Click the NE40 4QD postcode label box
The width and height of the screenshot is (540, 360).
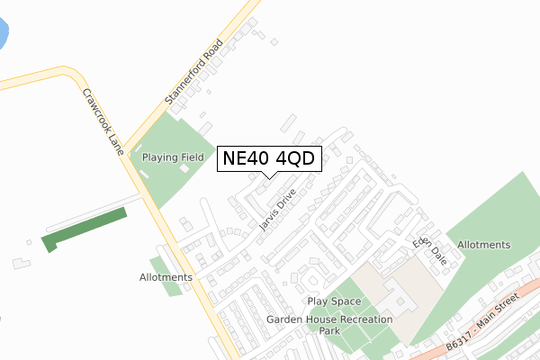point(268,159)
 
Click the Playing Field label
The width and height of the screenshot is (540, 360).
point(172,157)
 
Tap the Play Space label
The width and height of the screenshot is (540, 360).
point(334,301)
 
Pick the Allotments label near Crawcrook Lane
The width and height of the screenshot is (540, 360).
point(166,277)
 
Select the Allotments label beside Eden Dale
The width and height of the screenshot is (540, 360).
point(483,245)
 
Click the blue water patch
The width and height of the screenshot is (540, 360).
point(3,36)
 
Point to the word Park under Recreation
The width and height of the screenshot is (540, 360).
point(330,331)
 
